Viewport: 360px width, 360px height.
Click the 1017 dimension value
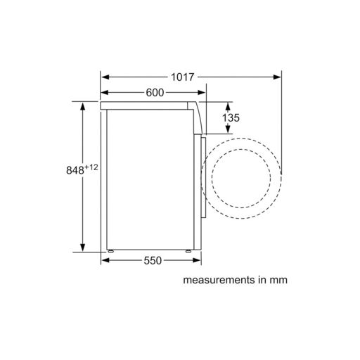(183, 77)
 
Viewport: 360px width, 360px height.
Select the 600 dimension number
(155, 93)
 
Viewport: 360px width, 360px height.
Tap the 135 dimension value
(231, 117)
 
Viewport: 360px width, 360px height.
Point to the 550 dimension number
(153, 260)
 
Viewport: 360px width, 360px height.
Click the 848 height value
(75, 170)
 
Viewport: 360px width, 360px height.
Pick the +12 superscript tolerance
(91, 167)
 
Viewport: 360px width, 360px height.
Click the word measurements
(219, 280)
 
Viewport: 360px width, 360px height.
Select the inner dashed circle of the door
(241, 149)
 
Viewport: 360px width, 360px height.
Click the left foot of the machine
(110, 251)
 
